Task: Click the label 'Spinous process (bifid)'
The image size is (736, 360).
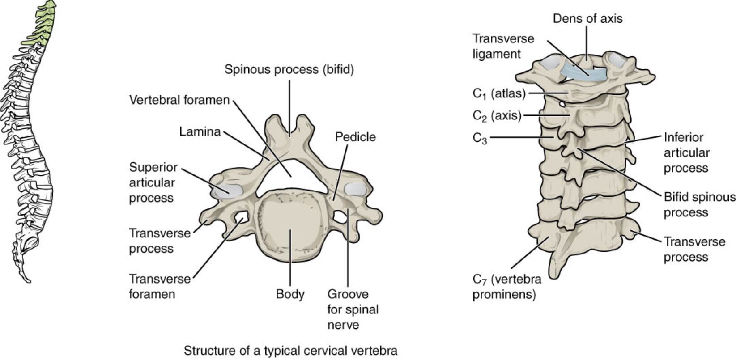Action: (x=289, y=70)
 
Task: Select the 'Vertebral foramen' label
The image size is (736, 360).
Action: (x=179, y=100)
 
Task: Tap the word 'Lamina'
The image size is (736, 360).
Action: (x=200, y=131)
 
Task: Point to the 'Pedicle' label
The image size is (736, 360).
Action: (x=355, y=137)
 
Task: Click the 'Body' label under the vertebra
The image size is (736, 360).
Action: (x=290, y=294)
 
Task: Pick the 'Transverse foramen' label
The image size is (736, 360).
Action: (x=160, y=286)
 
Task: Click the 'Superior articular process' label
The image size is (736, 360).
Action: (x=153, y=182)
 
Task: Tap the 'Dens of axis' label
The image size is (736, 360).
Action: (x=587, y=19)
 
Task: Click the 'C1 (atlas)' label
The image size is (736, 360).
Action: (x=499, y=94)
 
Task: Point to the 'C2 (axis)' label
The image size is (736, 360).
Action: (x=497, y=116)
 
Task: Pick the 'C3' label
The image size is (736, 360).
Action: (x=480, y=138)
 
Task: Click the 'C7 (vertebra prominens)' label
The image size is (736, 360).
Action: (x=506, y=287)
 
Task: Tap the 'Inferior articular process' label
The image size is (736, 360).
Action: (x=686, y=152)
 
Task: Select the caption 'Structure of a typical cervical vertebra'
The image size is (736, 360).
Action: (x=290, y=351)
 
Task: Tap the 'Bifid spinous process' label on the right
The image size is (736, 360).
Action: (x=699, y=204)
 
